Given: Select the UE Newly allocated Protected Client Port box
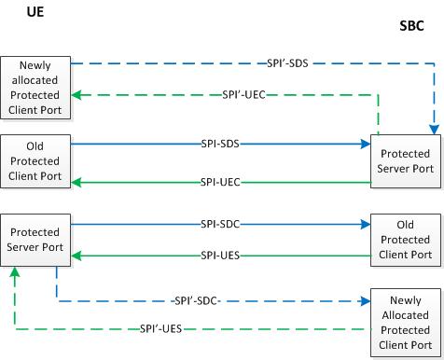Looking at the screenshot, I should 32,87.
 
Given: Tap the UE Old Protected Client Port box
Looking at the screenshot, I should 32,160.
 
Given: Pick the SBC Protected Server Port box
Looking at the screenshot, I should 401,160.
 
